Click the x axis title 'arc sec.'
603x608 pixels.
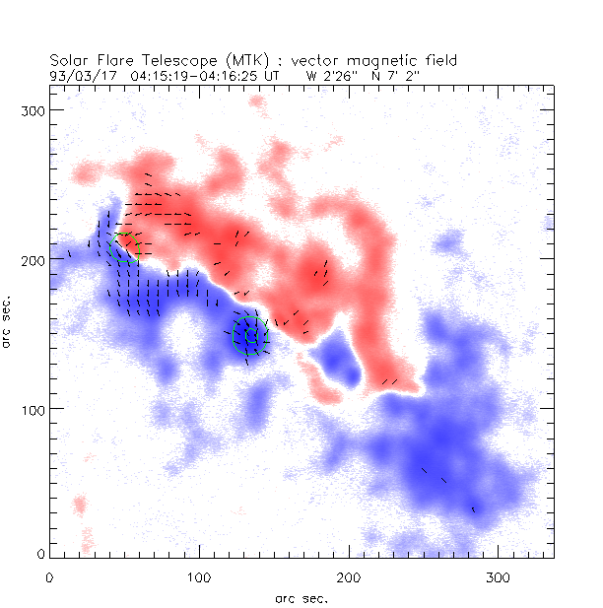click(301, 597)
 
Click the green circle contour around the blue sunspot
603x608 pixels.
click(250, 335)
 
